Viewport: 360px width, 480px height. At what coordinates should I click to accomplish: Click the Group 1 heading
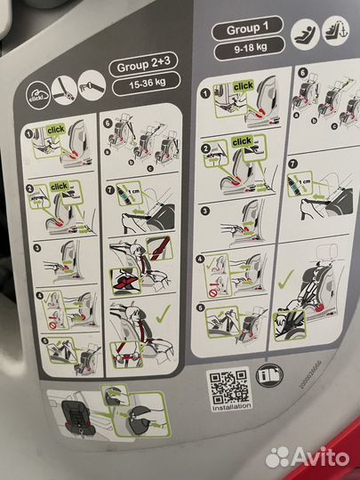[x=243, y=28]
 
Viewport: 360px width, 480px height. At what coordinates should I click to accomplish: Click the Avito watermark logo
[x=308, y=456]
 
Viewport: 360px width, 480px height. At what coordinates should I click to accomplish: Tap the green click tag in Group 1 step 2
[x=240, y=141]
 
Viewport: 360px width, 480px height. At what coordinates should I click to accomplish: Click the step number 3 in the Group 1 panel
[x=205, y=212]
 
